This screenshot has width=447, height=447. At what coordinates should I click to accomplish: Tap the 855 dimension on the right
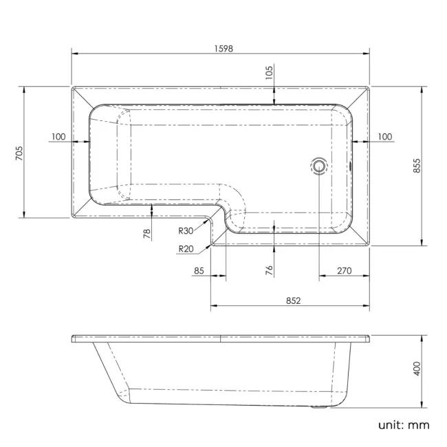click(416, 165)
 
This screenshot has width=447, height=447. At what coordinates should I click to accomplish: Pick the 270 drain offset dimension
click(344, 271)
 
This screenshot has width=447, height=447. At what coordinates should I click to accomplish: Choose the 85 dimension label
click(199, 271)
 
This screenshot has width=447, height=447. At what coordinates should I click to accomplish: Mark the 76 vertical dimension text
click(269, 271)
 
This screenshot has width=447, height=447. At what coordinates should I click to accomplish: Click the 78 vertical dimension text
click(146, 234)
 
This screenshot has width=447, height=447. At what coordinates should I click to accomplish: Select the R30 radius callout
click(186, 232)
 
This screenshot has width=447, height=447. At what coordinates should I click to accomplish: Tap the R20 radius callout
click(184, 249)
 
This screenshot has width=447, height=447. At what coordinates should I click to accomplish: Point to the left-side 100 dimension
click(58, 137)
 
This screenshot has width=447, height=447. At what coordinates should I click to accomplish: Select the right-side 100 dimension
click(384, 137)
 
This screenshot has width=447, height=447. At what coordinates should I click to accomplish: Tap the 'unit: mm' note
click(403, 424)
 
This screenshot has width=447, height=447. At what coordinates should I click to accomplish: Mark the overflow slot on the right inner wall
click(351, 164)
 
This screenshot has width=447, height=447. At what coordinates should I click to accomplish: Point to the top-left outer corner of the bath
click(72, 87)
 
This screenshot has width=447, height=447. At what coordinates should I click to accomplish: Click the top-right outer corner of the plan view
click(369, 87)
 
